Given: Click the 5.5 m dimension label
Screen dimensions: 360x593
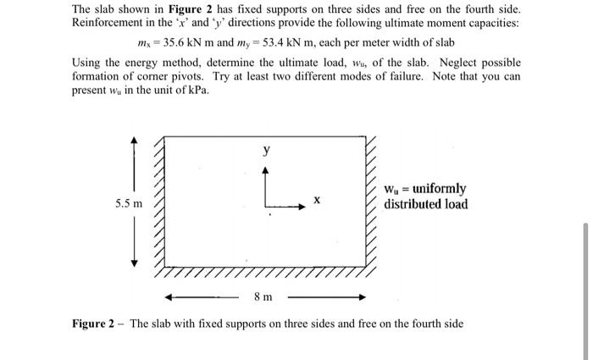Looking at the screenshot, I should [130, 204].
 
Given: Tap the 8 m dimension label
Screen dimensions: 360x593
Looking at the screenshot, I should [263, 296].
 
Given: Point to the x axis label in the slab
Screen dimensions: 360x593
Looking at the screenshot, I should [316, 199].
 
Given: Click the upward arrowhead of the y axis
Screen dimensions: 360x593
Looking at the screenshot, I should [269, 169].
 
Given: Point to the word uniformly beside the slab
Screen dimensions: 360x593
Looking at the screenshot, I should [437, 189].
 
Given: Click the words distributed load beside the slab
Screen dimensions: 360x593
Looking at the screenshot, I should [425, 204].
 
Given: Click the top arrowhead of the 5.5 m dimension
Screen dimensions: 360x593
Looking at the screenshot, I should [133, 140].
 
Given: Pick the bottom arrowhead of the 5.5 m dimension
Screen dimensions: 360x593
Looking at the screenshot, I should [133, 263].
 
